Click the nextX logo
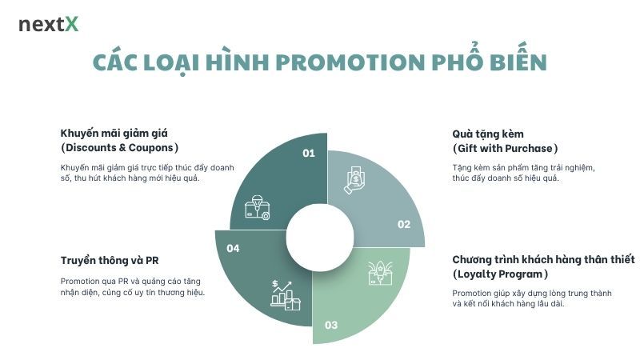[x=48, y=25]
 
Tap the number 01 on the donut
[x=309, y=153]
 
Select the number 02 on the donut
[x=404, y=225]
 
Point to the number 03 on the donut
[x=330, y=325]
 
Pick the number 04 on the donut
[x=233, y=249]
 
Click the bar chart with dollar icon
[x=286, y=295]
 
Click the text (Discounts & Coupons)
[x=119, y=148]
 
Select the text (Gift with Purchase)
[x=505, y=149]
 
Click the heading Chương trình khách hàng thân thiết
[x=543, y=260]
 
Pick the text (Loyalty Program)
[x=498, y=274]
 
